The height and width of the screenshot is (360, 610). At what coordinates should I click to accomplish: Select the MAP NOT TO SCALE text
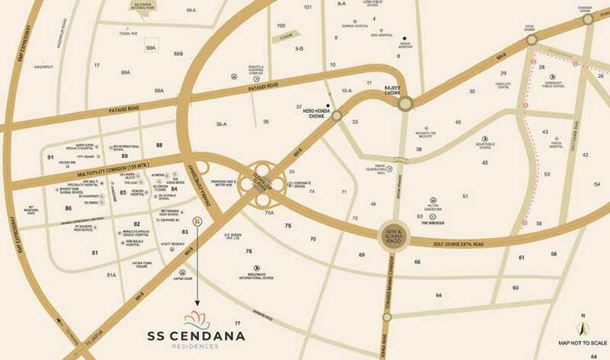582,343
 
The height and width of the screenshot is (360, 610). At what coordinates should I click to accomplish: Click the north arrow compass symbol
582,326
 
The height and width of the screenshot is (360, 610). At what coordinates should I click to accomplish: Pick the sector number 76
248,251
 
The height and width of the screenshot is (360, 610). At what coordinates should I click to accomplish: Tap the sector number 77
237,325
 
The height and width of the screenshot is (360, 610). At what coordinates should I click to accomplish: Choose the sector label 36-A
221,124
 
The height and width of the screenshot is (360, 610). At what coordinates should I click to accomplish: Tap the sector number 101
308,7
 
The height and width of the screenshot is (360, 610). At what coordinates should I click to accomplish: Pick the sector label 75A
269,212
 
